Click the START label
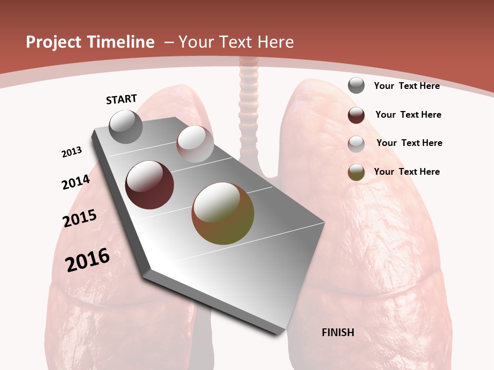pos(121,99)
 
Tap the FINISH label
pos(338,332)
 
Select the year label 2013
pos(72,152)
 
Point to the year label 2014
pos(76,182)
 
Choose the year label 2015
pos(80,218)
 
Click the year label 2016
pos(87,260)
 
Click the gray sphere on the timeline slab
pos(126,126)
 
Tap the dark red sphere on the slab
pos(149,184)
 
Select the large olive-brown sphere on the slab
pos(223,213)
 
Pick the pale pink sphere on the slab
pos(195,144)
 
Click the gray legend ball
pos(356,85)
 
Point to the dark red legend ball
pos(356,115)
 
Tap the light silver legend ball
pos(356,143)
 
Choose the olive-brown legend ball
pos(356,172)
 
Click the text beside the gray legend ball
pos(407,86)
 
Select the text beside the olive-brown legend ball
pos(407,172)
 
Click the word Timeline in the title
pos(122,42)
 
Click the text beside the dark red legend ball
pos(408,115)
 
